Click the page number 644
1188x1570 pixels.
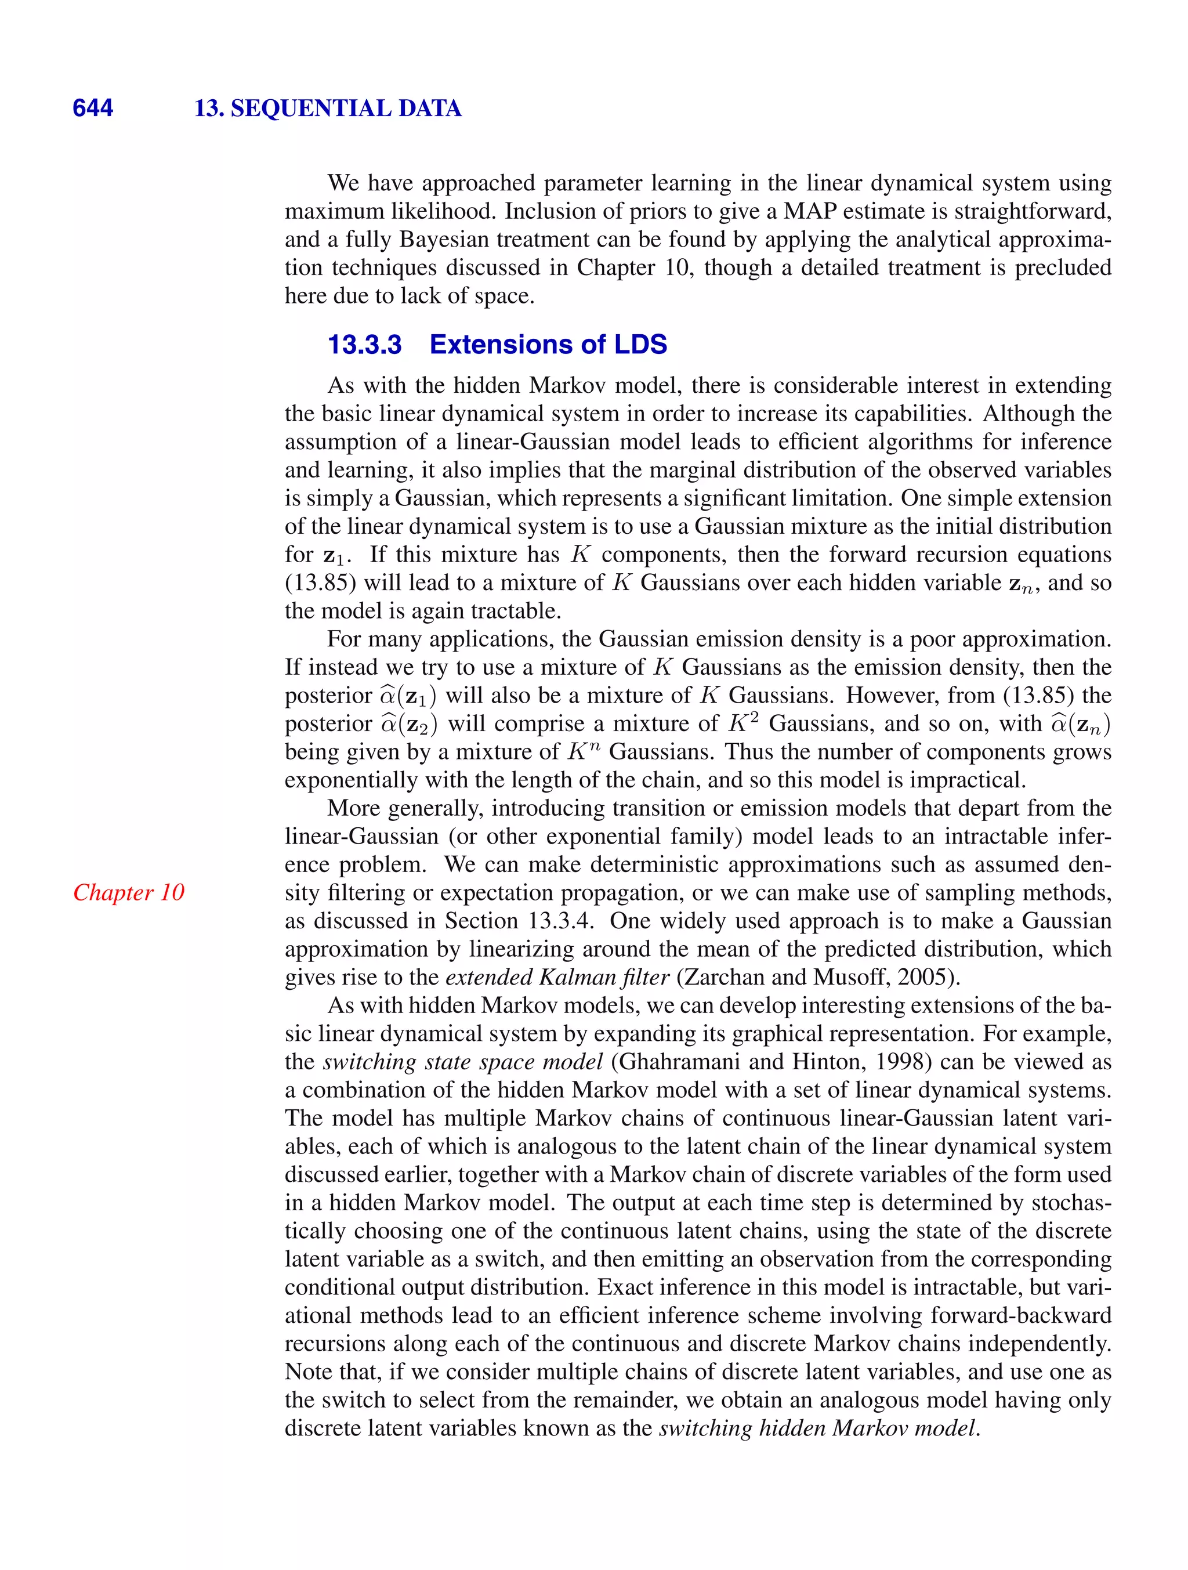(93, 108)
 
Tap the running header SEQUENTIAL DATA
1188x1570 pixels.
(346, 108)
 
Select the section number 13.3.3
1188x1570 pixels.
(364, 345)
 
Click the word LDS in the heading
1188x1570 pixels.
(636, 345)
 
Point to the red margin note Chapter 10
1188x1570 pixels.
(128, 892)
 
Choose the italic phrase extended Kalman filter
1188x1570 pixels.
(557, 978)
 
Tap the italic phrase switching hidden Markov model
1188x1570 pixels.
(817, 1428)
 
